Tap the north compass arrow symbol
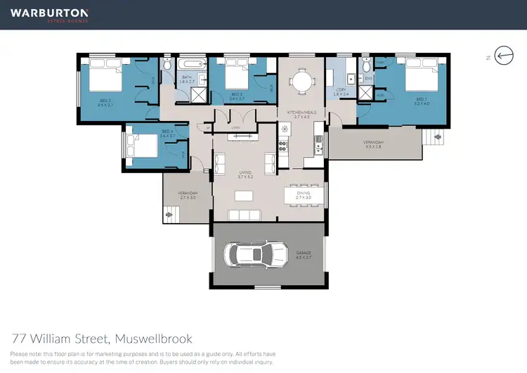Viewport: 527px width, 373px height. [504, 56]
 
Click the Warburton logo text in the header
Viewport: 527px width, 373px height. [49, 13]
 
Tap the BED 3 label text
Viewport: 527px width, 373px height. [237, 96]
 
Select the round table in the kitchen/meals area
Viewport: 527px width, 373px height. [301, 81]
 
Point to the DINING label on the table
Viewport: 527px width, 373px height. [304, 191]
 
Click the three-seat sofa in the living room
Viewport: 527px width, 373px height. [244, 215]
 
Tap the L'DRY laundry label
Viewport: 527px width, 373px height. [340, 91]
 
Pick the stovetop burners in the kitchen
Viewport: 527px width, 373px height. [285, 146]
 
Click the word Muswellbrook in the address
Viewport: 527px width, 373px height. [153, 339]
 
